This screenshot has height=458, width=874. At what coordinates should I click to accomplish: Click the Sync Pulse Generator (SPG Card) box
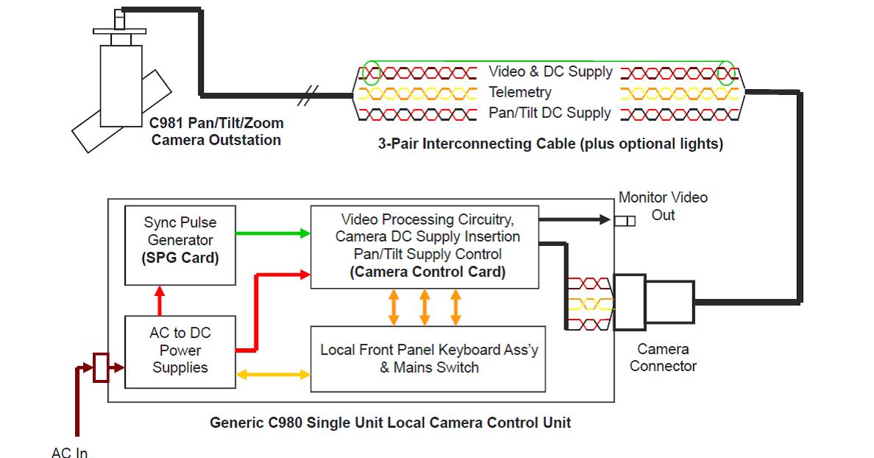(x=180, y=245)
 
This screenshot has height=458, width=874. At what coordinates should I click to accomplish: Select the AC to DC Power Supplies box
(x=180, y=350)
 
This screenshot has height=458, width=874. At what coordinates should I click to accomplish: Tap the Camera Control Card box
(x=424, y=247)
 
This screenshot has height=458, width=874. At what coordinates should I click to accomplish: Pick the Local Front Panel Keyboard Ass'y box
(x=428, y=359)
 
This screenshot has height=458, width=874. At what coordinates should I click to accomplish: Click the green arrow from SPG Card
(x=273, y=233)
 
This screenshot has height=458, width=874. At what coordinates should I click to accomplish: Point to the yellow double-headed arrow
(x=273, y=375)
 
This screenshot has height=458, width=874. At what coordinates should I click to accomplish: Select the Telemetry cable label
(x=520, y=93)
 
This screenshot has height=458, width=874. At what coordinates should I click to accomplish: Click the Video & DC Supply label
(x=550, y=72)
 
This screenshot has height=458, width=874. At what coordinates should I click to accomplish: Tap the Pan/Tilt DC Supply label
(x=550, y=113)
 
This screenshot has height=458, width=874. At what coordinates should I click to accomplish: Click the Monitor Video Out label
(x=663, y=206)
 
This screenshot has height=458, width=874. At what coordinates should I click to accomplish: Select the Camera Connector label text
(x=663, y=357)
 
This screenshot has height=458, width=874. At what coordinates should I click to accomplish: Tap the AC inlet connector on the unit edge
(x=100, y=367)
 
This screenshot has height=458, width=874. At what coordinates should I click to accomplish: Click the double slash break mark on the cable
(x=313, y=94)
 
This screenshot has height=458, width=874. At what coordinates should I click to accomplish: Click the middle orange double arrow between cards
(x=424, y=306)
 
